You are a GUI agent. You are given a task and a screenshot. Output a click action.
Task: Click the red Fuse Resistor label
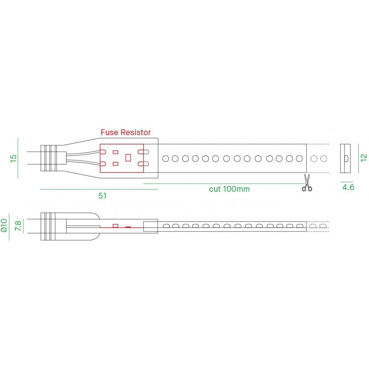point(125,132)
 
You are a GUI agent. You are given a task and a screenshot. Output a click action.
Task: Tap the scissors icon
point(307,183)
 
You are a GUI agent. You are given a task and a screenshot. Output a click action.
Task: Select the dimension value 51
point(102,196)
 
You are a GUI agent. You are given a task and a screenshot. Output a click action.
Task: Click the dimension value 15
point(13,158)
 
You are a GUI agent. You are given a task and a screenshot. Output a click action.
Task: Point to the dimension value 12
point(363,157)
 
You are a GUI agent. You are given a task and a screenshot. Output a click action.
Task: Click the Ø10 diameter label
point(4,225)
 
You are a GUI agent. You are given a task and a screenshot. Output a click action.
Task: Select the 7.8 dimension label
point(18,226)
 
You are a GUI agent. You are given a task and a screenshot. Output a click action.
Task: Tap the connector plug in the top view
point(50,158)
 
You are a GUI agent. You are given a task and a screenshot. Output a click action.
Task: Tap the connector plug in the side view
point(50,226)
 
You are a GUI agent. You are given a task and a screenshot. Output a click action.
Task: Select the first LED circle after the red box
point(165,159)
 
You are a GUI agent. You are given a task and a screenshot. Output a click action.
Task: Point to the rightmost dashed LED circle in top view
point(324,159)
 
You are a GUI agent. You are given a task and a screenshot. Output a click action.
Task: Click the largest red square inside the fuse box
point(129,157)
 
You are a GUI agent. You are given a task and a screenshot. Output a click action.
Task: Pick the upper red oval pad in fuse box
point(143,152)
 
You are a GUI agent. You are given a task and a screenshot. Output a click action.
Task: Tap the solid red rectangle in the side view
point(128,226)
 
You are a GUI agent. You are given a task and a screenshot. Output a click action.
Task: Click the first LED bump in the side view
point(165,226)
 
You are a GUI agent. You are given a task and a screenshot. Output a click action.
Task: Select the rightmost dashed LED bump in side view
point(324,226)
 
